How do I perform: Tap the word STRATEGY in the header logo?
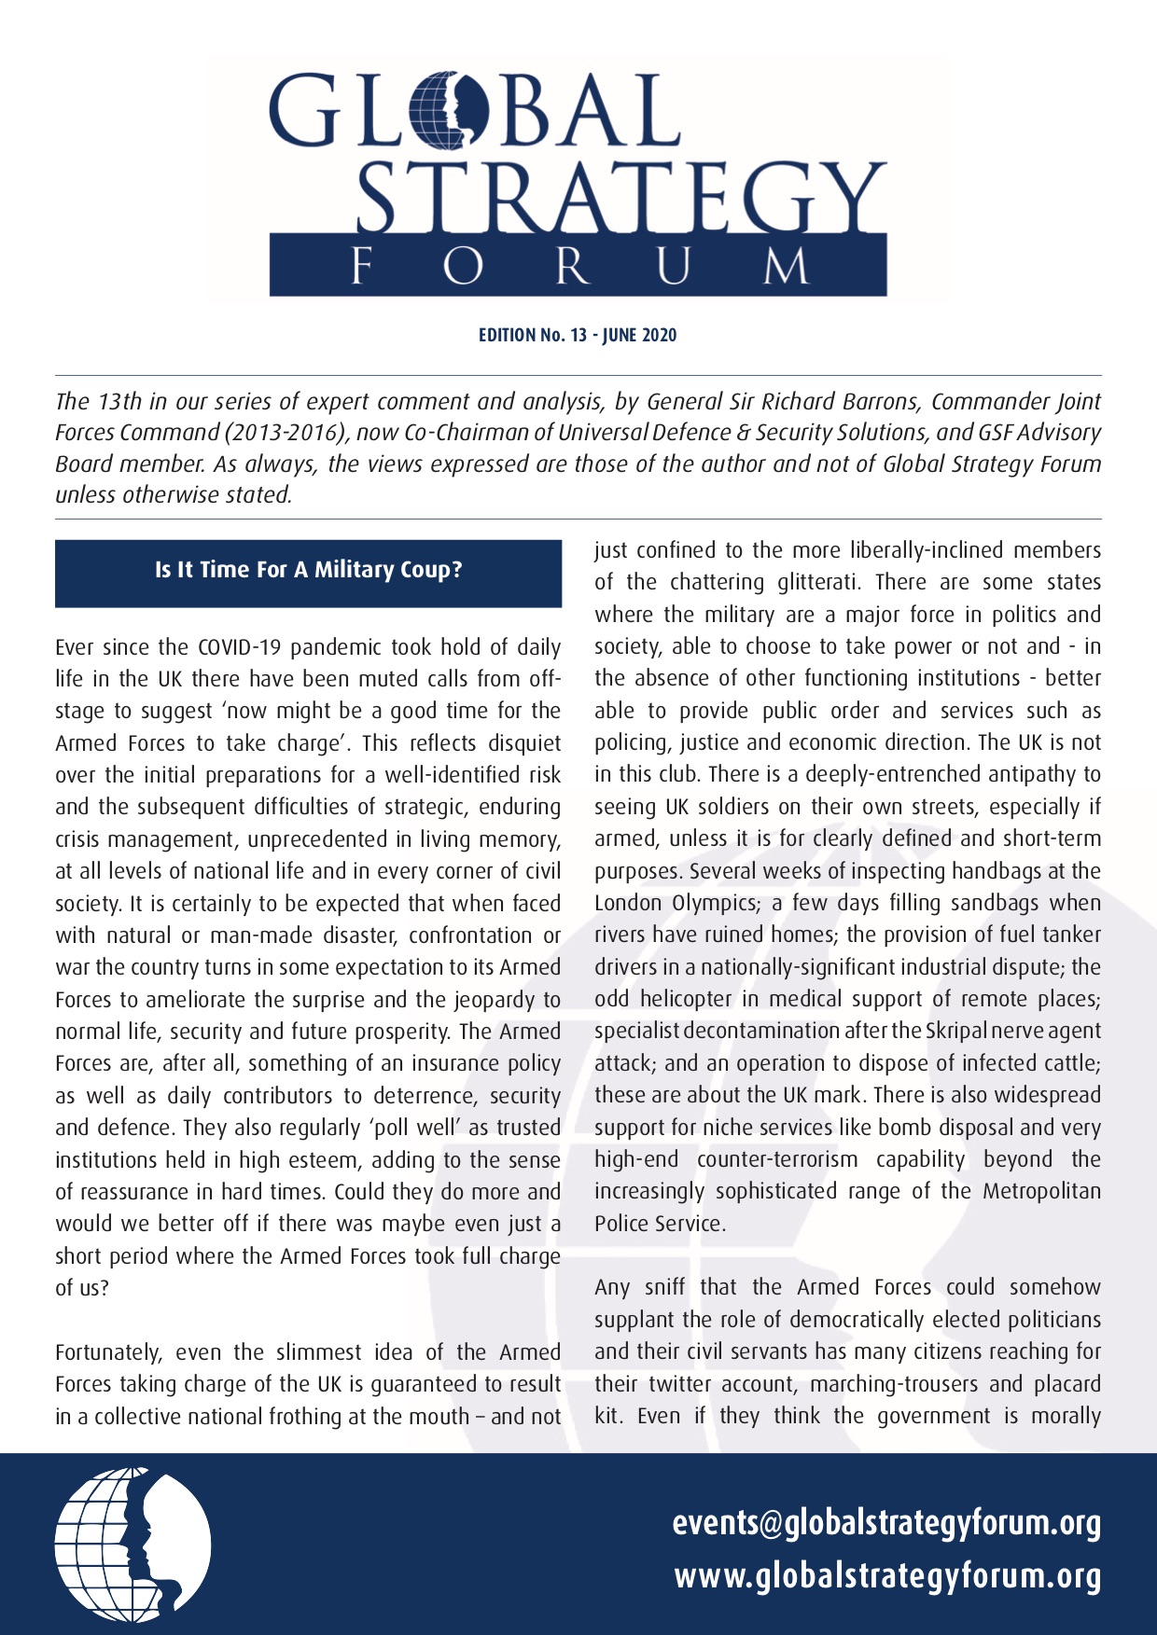tap(620, 198)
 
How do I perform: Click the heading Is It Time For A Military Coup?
tap(308, 570)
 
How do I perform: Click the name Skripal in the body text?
tap(956, 1031)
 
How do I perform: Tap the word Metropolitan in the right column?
tap(1041, 1191)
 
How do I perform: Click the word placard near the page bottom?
tap(1067, 1384)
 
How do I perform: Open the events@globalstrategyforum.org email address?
tap(886, 1523)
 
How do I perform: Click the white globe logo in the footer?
tap(132, 1545)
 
